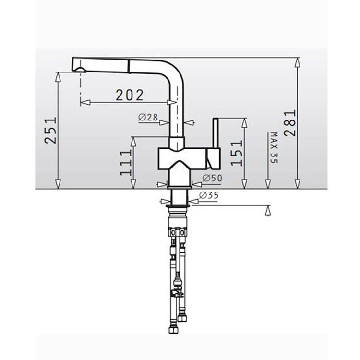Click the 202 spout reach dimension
tap(130, 95)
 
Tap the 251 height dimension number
tap(50, 131)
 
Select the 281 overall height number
tap(290, 123)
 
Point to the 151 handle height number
tap(237, 153)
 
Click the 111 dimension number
tap(126, 163)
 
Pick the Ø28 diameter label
tap(148, 117)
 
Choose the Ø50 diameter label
tap(212, 178)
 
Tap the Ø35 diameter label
tap(209, 195)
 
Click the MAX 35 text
tap(274, 148)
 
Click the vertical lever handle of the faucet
tap(216, 133)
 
